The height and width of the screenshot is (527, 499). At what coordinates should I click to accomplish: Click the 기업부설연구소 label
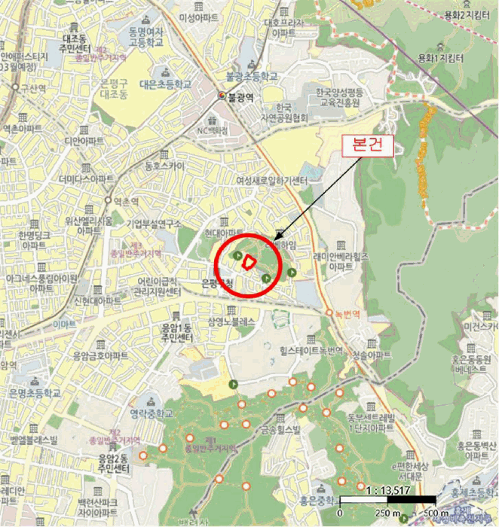point(154,224)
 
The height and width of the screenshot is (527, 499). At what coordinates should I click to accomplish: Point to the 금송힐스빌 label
point(280,430)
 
